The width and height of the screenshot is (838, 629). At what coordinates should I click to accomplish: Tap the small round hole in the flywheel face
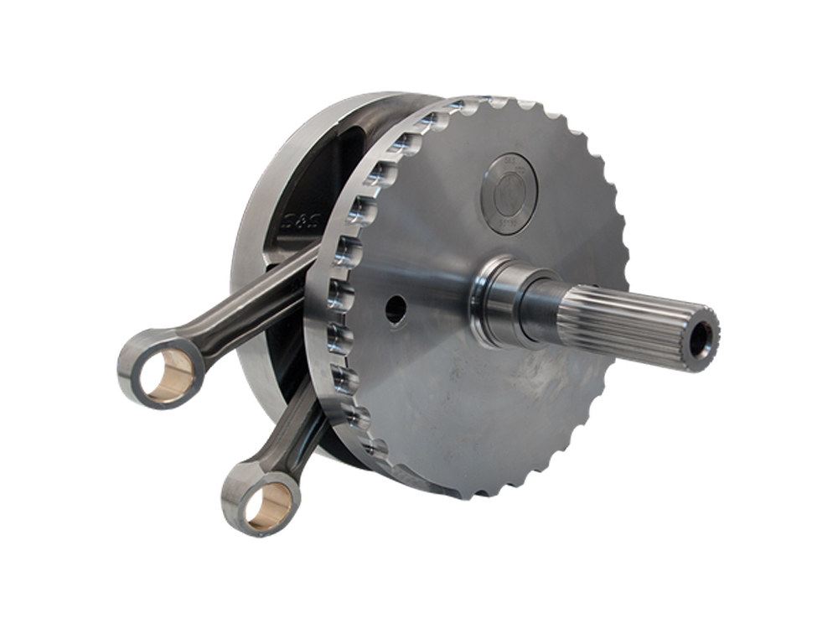pyautogui.click(x=395, y=311)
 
